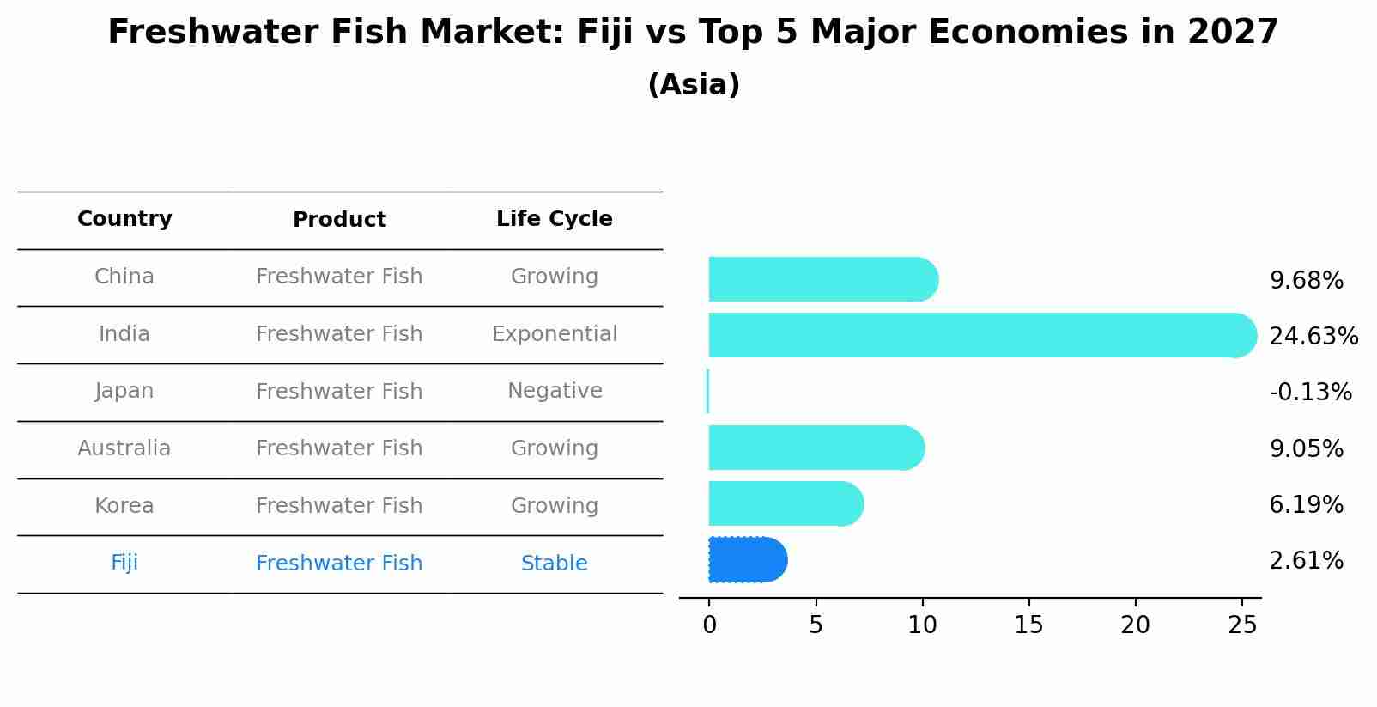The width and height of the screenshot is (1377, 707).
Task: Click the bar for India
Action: click(979, 335)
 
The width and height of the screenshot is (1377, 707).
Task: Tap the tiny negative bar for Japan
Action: click(707, 391)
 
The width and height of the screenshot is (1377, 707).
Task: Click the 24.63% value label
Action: click(1313, 337)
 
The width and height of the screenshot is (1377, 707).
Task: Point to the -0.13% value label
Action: click(1310, 393)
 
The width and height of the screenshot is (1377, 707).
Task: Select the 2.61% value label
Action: click(1305, 561)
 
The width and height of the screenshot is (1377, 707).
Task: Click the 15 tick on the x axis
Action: click(1028, 625)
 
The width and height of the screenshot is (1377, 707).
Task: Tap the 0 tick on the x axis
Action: click(709, 625)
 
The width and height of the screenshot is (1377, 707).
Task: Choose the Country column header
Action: click(124, 219)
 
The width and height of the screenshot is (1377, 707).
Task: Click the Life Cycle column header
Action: click(554, 219)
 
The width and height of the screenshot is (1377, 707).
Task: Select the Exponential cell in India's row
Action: click(554, 334)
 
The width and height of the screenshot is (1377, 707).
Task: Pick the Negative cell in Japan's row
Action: click(554, 391)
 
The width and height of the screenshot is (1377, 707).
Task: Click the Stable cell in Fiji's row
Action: click(554, 564)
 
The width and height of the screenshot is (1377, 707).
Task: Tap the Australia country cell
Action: click(124, 448)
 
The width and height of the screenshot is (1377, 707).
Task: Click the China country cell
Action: click(124, 277)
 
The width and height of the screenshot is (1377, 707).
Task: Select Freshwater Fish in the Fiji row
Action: click(339, 564)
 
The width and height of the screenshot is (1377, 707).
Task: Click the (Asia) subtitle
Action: click(694, 85)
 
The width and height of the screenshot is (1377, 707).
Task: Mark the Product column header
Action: click(339, 220)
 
